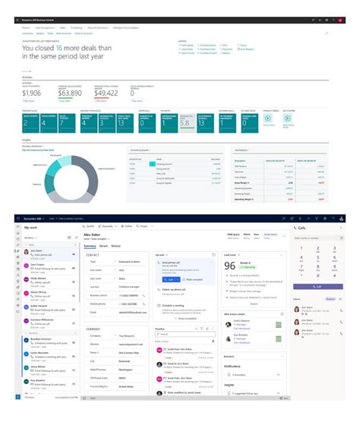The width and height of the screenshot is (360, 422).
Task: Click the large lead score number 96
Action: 230,266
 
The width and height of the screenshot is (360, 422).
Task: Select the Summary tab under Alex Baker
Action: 90,246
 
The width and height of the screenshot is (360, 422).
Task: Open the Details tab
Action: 103,246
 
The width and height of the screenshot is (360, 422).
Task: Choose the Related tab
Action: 116,246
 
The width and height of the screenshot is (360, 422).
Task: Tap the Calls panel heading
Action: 302,227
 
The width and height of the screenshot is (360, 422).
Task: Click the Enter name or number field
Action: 313,238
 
